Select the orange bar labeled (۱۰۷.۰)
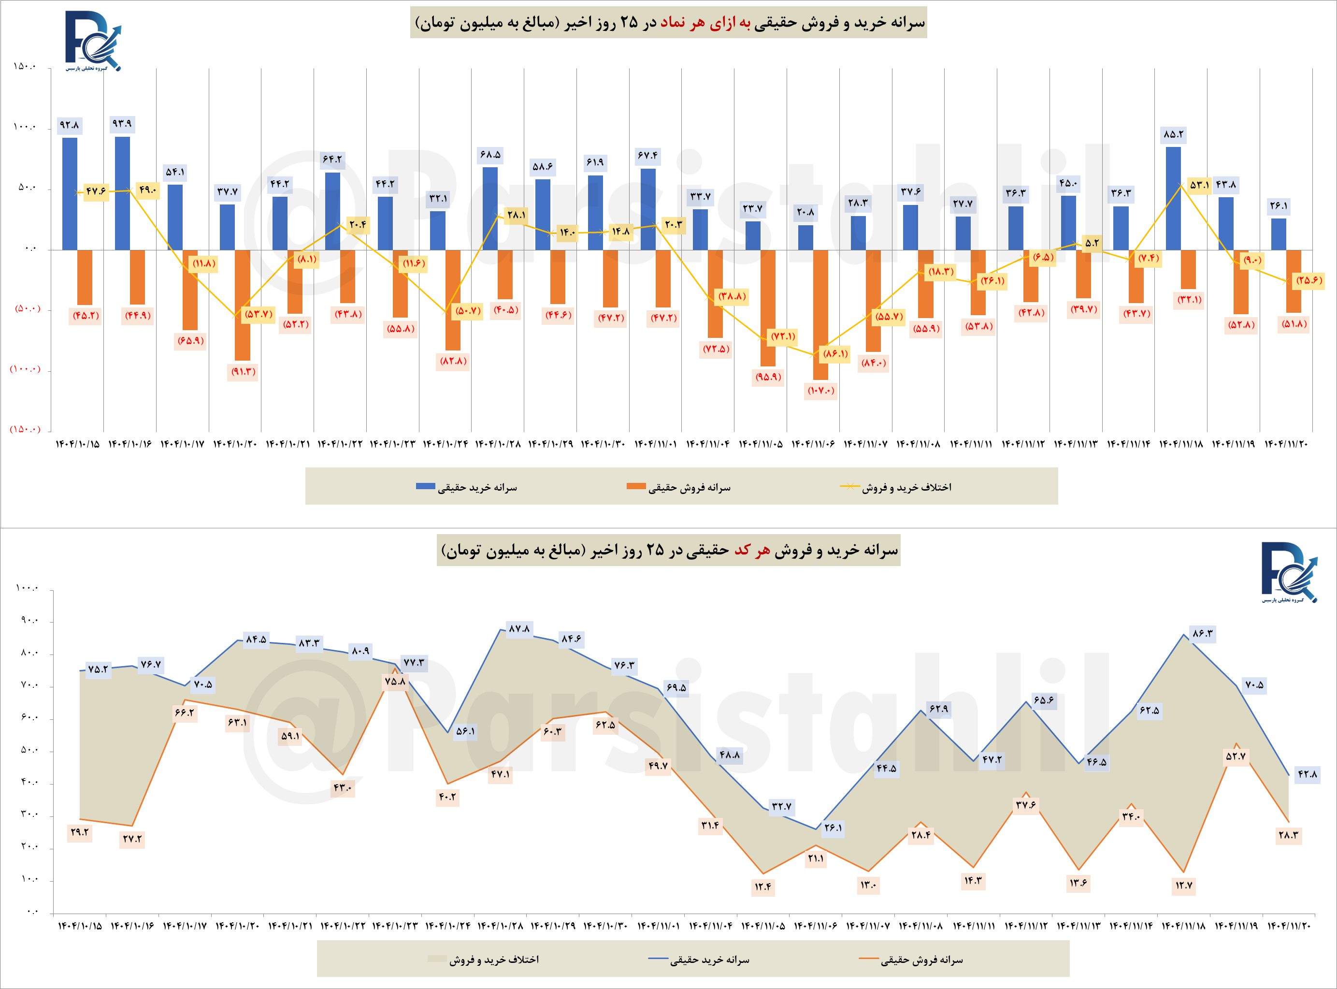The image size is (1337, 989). pyautogui.click(x=820, y=314)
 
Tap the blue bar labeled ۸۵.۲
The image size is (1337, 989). pyautogui.click(x=1173, y=198)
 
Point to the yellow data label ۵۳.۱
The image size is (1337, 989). pyautogui.click(x=1199, y=185)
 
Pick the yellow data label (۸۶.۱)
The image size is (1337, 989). pyautogui.click(x=835, y=354)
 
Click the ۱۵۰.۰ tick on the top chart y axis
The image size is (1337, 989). pyautogui.click(x=25, y=66)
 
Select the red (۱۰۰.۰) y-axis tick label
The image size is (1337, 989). pyautogui.click(x=25, y=369)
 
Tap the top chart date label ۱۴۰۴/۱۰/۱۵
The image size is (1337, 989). pyautogui.click(x=77, y=444)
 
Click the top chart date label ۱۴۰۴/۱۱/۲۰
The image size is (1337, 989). pyautogui.click(x=1285, y=444)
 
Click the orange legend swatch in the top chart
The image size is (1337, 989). pyautogui.click(x=635, y=486)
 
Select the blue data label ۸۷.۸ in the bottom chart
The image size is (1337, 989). pyautogui.click(x=519, y=628)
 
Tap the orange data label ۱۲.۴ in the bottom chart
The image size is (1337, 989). pyautogui.click(x=762, y=886)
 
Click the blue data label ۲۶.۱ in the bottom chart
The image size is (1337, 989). pyautogui.click(x=833, y=828)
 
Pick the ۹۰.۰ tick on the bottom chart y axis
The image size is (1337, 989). pyautogui.click(x=29, y=621)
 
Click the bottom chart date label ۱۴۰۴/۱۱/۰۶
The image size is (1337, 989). pyautogui.click(x=815, y=926)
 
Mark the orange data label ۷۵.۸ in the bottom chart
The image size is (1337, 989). pyautogui.click(x=395, y=681)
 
